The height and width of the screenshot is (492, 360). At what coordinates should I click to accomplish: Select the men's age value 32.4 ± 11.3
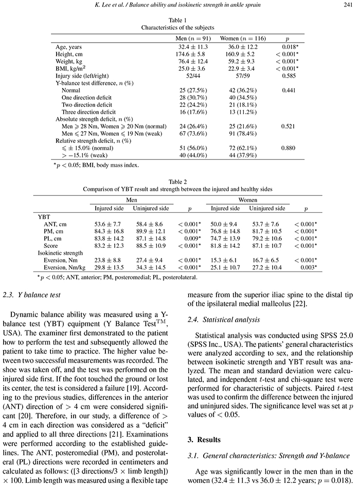coord(192,47)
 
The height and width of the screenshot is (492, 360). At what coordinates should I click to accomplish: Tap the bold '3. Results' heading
coord(204,441)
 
